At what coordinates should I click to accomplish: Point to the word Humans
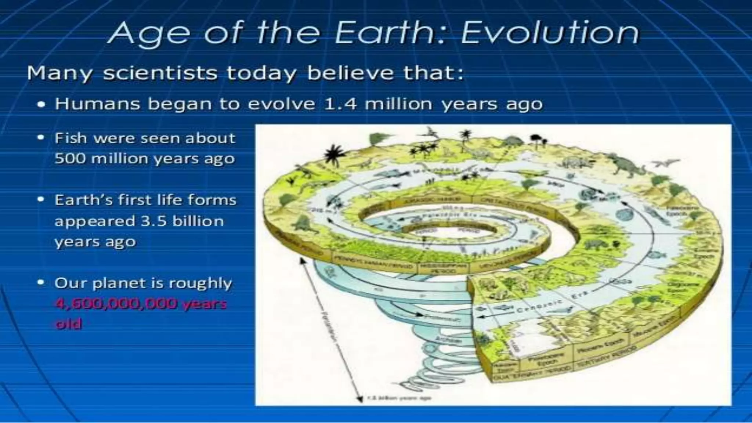[98, 104]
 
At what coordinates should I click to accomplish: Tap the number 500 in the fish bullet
[69, 159]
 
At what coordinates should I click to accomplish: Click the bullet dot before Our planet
[41, 283]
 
